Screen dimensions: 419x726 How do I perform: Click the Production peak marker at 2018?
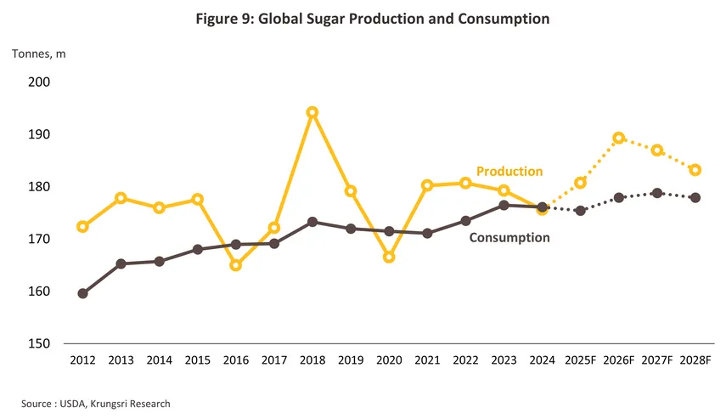312,112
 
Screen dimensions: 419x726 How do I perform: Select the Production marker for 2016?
235,265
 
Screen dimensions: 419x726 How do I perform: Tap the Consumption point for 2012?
82,293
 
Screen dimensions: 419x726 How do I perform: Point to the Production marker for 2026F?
618,138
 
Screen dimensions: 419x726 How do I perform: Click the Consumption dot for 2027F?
656,193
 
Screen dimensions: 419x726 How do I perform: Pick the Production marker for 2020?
388,257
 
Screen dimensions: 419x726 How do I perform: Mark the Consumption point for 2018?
312,222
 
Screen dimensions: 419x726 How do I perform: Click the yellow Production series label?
509,172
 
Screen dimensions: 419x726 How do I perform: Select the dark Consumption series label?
509,238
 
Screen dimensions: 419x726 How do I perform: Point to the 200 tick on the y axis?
39,82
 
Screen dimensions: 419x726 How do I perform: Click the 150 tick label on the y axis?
39,343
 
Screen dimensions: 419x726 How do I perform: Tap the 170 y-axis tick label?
39,239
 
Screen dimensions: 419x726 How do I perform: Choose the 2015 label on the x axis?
197,360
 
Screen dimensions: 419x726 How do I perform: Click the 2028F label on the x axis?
695,360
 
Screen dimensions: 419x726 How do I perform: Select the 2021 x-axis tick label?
426,360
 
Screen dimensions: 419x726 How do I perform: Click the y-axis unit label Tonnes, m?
38,54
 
